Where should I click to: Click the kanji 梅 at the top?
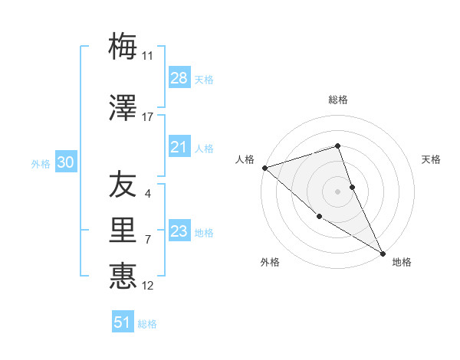123,47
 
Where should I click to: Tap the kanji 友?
123,185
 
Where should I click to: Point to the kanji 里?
123,230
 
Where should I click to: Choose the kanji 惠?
123,275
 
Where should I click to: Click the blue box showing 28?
179,78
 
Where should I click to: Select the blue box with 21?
179,147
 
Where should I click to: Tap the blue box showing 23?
179,231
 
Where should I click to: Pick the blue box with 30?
65,162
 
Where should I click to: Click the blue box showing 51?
123,322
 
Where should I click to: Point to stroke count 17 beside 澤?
148,117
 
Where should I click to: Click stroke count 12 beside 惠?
148,286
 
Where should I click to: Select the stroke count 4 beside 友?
148,194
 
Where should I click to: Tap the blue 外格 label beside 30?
41,163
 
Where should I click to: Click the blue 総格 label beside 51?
147,324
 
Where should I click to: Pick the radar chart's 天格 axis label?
432,159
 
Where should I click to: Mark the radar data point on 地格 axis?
383,253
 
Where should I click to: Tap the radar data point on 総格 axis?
337,146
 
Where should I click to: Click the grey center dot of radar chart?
337,191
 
